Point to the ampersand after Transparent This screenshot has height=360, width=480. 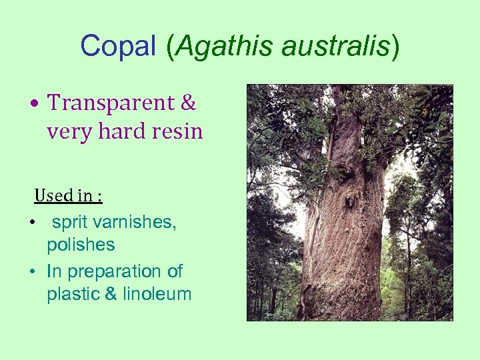tap(189, 103)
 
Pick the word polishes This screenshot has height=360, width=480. tap(81, 245)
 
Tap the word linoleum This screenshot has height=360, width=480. tap(157, 294)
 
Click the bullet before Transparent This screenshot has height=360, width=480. tap(33, 104)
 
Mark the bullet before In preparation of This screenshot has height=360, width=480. tap(33, 272)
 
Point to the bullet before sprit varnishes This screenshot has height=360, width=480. tap(33, 223)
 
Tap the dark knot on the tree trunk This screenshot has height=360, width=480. tap(347, 197)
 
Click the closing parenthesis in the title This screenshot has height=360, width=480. tap(395, 47)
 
